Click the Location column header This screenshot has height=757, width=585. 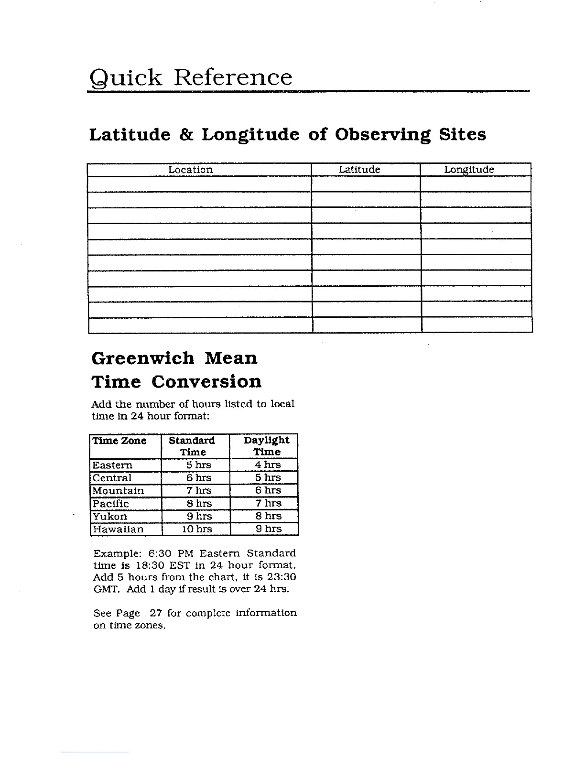(x=190, y=170)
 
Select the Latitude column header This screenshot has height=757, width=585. (x=359, y=170)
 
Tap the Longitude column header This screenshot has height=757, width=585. (x=469, y=170)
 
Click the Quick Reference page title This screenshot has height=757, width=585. (x=190, y=77)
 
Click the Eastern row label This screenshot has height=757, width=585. (x=112, y=465)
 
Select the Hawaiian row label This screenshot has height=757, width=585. (x=118, y=529)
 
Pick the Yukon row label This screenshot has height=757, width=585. (x=110, y=516)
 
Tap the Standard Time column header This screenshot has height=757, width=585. (x=192, y=446)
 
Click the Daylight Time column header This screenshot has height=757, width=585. (x=266, y=446)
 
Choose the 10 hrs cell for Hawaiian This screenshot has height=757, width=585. (x=196, y=529)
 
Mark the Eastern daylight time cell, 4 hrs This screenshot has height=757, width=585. (x=268, y=465)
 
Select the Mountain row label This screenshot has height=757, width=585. (x=118, y=491)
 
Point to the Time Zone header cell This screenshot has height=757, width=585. (x=119, y=441)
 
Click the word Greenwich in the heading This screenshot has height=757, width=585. (x=142, y=358)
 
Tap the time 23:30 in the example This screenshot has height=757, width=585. (x=283, y=577)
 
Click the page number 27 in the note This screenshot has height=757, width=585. (x=156, y=613)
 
